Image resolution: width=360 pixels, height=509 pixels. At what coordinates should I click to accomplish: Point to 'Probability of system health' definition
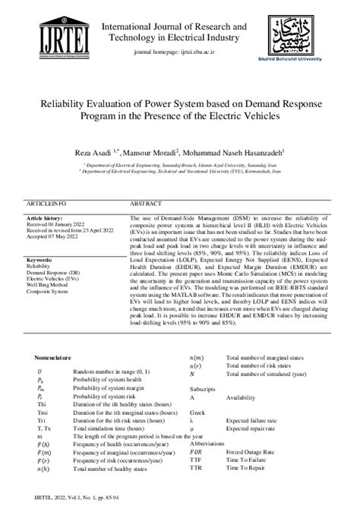tap(107, 380)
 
